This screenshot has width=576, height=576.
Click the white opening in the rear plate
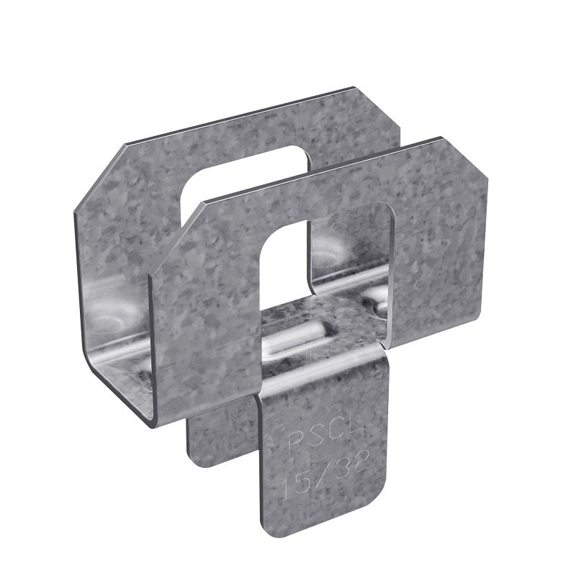tap(216, 176)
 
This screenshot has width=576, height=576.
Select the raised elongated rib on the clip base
tap(295, 338)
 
